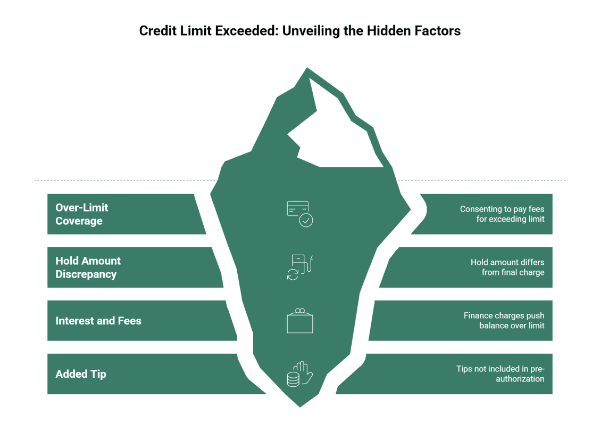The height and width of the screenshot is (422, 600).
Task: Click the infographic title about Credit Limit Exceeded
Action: pyautogui.click(x=299, y=31)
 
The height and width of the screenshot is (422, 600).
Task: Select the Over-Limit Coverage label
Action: pyautogui.click(x=82, y=214)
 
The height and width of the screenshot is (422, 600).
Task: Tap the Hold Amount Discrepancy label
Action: pyautogui.click(x=88, y=267)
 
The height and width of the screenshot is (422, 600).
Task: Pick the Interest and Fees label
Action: pyautogui.click(x=98, y=321)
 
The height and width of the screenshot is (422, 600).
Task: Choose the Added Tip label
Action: pyautogui.click(x=81, y=374)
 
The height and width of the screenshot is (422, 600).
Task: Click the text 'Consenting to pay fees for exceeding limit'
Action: pyautogui.click(x=502, y=214)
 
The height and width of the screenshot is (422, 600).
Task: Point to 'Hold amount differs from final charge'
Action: pyautogui.click(x=507, y=267)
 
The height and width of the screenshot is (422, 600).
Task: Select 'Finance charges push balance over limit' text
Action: pyautogui.click(x=504, y=321)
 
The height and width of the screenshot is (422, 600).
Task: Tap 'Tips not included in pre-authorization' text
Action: pyautogui.click(x=500, y=374)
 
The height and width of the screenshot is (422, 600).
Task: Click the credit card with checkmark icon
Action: pyautogui.click(x=299, y=213)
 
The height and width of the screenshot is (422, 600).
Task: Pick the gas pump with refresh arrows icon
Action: pyautogui.click(x=299, y=267)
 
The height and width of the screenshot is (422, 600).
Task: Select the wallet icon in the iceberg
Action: pyautogui.click(x=299, y=321)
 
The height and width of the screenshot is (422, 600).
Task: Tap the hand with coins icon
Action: pyautogui.click(x=299, y=374)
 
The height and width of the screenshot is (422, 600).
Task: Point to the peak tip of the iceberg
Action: pyautogui.click(x=307, y=69)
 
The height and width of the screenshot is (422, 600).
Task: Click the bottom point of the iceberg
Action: pyautogui.click(x=300, y=407)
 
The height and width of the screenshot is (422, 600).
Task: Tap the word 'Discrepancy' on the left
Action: pyautogui.click(x=86, y=274)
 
